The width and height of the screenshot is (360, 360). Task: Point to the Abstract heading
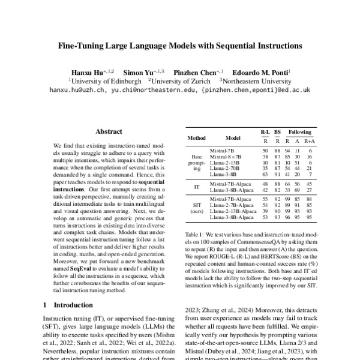(x=109, y=131)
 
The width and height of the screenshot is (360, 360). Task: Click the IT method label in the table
(x=197, y=187)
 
